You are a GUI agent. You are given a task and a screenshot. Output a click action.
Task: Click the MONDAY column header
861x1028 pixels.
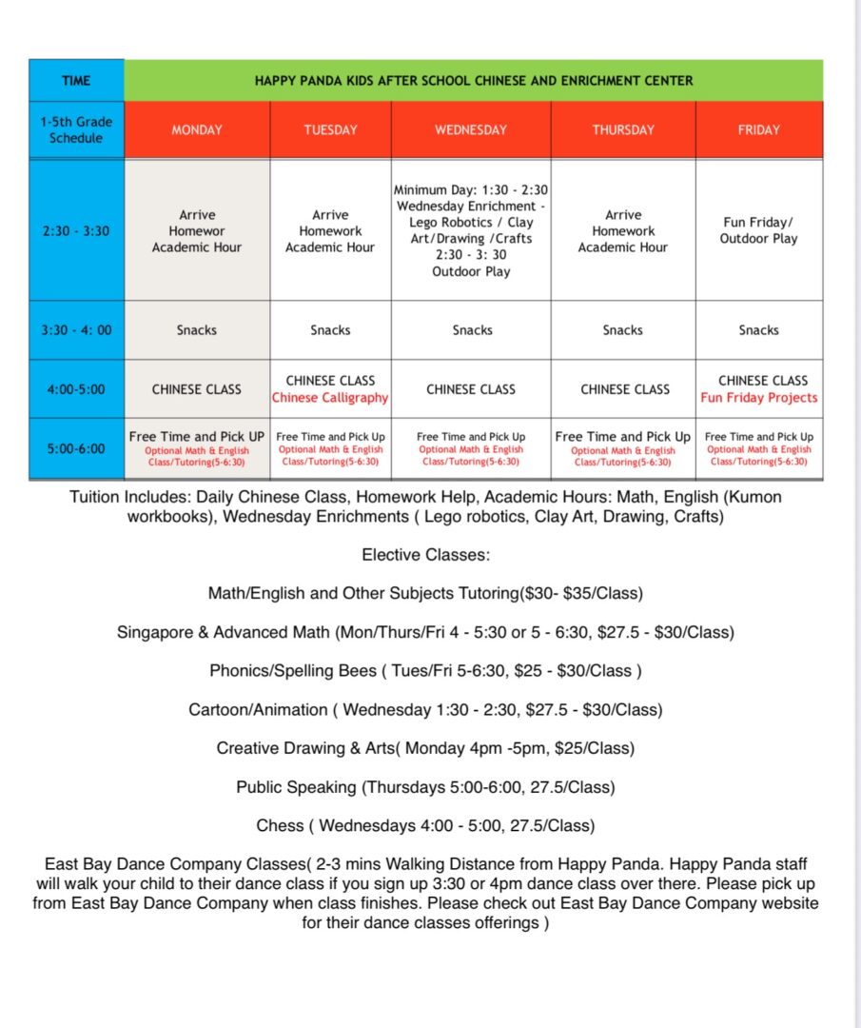[197, 129]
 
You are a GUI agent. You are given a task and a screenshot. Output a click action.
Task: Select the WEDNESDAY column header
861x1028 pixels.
[471, 129]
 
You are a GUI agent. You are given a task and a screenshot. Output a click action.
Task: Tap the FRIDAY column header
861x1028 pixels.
[758, 129]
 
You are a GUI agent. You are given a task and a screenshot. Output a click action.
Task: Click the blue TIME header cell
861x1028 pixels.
[76, 80]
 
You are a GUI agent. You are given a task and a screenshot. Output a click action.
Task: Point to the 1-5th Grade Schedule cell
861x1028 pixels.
[76, 129]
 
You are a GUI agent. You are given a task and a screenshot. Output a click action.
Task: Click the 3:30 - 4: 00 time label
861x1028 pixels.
[76, 330]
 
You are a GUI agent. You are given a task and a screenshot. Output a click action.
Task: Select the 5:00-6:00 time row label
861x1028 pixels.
[76, 448]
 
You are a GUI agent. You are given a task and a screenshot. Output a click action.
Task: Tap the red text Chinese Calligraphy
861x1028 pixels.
[330, 398]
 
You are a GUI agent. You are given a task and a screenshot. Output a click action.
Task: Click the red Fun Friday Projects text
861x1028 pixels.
[759, 398]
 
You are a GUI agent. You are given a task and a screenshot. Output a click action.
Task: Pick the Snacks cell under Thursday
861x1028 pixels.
[622, 330]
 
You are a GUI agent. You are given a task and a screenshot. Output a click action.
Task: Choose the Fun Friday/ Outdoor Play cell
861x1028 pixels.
[758, 230]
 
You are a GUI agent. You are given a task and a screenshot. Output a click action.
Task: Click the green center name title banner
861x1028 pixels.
[473, 80]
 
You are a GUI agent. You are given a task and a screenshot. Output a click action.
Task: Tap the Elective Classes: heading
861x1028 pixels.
[425, 554]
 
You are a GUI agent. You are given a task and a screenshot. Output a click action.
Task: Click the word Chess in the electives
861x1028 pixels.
[280, 825]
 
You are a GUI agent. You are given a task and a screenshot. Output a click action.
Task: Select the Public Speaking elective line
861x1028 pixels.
[425, 787]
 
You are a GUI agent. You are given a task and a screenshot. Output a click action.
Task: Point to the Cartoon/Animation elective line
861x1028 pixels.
[425, 709]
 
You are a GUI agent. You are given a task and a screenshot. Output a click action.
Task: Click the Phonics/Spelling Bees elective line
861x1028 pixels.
[425, 670]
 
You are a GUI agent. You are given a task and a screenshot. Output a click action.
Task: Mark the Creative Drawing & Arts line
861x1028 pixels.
[425, 748]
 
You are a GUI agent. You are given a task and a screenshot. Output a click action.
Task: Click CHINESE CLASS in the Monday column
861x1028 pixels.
[197, 389]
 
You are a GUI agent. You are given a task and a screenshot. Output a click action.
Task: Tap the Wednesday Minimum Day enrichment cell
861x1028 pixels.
[472, 230]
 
